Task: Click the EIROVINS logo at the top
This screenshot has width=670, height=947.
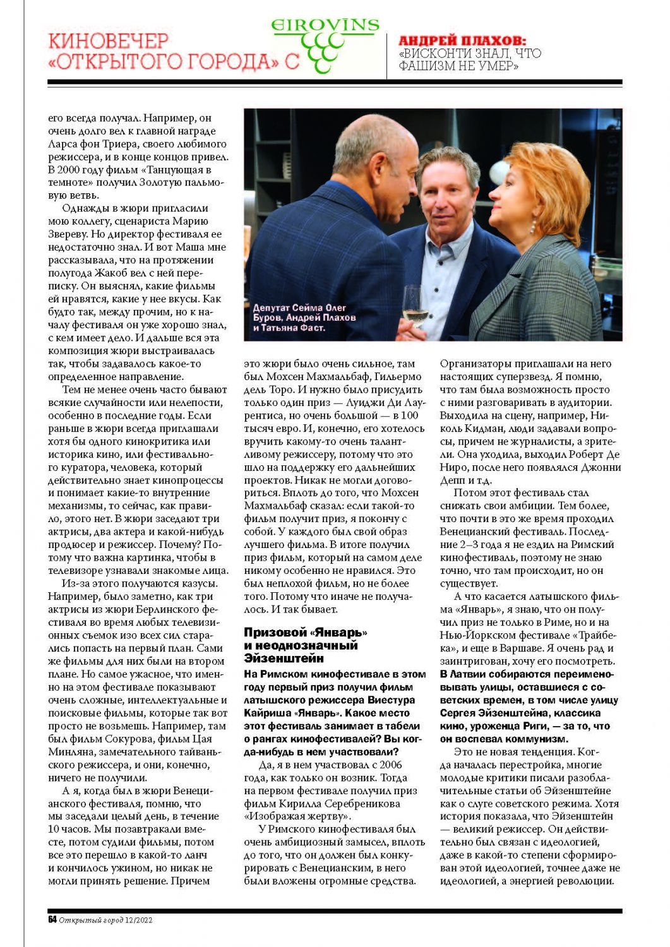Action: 325,26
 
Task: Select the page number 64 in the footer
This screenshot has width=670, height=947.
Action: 52,920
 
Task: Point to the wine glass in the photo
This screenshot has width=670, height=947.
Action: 415,306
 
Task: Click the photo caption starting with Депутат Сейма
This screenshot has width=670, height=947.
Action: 304,318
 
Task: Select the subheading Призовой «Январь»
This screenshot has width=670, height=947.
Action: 306,632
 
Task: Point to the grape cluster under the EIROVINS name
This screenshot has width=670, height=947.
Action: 321,51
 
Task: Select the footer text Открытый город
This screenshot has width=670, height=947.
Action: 90,920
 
